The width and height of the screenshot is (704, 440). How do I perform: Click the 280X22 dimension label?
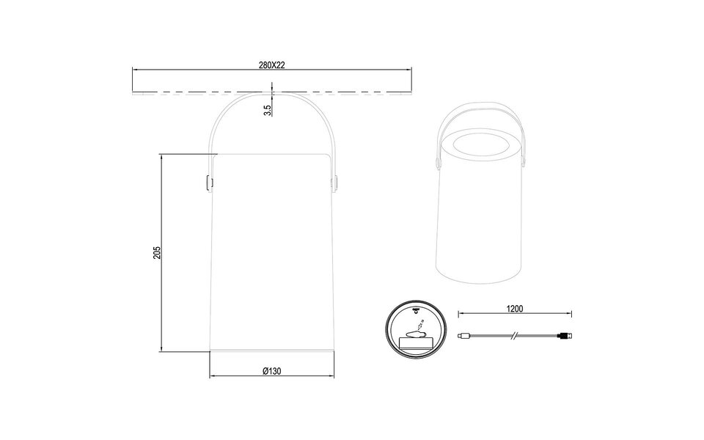(271, 65)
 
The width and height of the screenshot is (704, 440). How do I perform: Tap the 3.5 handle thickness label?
(268, 109)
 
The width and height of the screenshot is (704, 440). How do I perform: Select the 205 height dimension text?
(157, 252)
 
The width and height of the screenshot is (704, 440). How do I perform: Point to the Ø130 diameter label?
(271, 372)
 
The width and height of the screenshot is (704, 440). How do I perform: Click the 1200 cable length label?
(514, 309)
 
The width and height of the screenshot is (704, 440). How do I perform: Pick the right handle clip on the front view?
(336, 180)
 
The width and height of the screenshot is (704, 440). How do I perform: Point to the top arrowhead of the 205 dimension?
(161, 156)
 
